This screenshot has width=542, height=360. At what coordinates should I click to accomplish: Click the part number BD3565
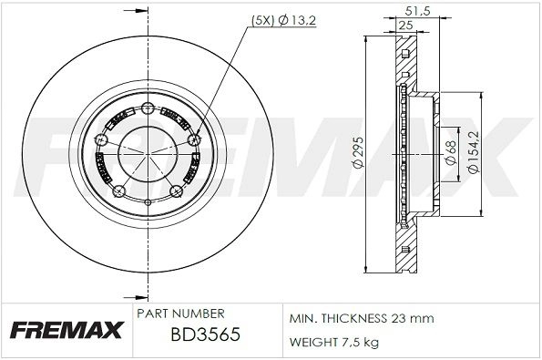pos(206,334)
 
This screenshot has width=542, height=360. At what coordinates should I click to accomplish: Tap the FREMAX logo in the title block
pos(66,330)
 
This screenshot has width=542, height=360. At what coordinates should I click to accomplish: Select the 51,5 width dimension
pos(417,11)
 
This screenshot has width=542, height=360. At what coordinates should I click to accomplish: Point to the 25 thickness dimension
pos(405,26)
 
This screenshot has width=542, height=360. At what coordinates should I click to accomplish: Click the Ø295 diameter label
pos(359,153)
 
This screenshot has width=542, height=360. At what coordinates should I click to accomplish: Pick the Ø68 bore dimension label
pos(451,152)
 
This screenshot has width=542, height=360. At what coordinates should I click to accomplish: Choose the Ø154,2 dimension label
pos(473,152)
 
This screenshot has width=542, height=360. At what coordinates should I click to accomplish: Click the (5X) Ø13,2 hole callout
pos(283,21)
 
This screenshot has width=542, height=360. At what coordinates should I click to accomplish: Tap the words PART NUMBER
pos(180,314)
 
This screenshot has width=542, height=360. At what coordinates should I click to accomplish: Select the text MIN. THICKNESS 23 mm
pos(362,318)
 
